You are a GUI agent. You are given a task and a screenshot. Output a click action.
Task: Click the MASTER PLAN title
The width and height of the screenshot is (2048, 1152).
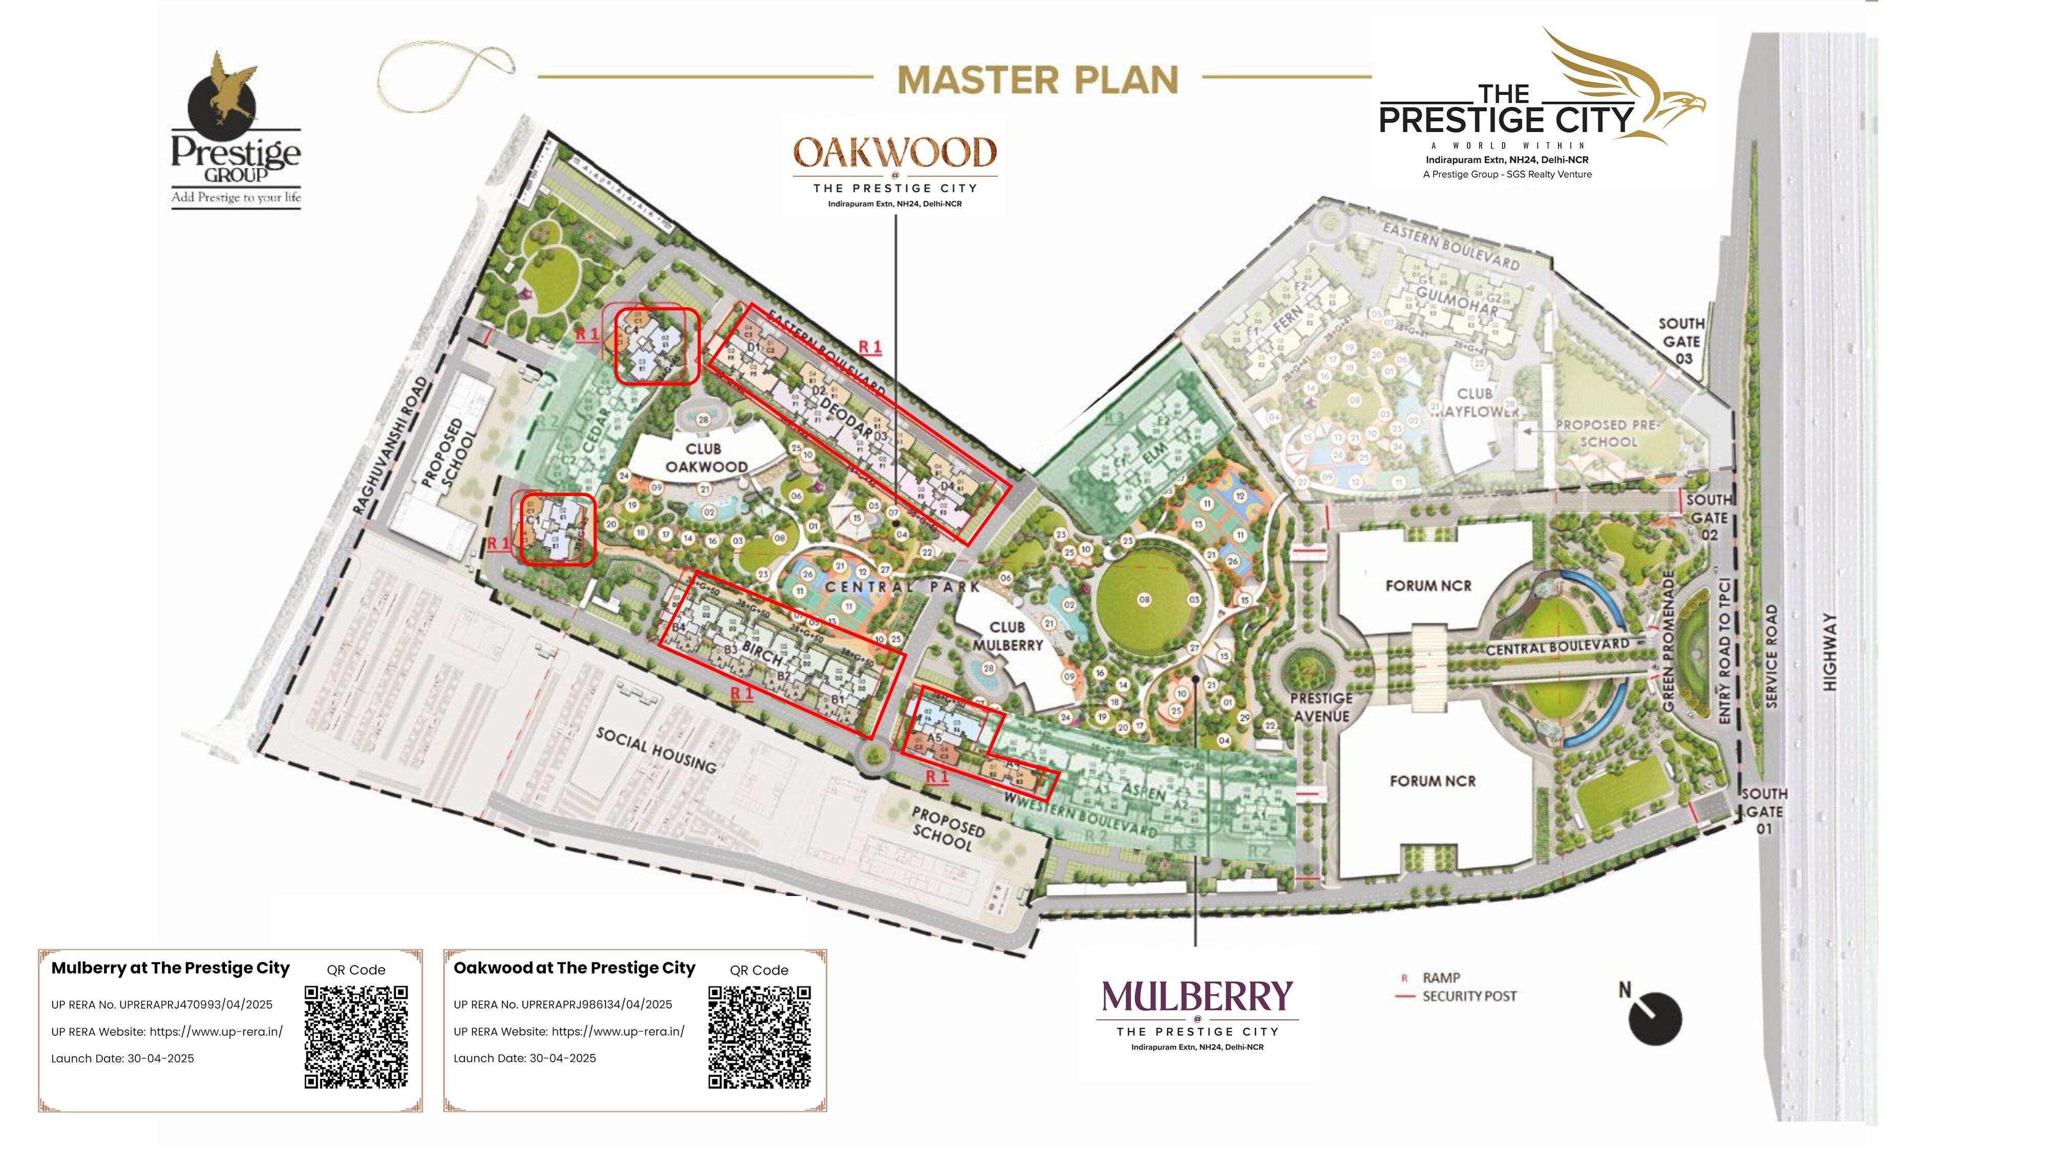[1037, 80]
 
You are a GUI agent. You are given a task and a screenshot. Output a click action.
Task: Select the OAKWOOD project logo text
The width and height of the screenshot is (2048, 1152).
[894, 154]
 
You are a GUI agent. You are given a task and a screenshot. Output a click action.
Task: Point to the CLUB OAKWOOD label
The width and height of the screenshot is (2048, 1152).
[705, 458]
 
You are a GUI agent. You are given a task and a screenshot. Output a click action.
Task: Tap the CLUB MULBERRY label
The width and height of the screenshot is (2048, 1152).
[1007, 636]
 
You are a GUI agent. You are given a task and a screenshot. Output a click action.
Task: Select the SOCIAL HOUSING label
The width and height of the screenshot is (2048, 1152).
[656, 750]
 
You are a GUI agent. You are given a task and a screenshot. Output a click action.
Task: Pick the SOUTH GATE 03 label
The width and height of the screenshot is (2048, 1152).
[1681, 341]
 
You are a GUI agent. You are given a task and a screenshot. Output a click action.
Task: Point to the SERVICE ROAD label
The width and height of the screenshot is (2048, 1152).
[1772, 656]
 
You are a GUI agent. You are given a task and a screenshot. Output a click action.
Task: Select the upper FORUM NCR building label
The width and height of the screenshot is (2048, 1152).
[1428, 586]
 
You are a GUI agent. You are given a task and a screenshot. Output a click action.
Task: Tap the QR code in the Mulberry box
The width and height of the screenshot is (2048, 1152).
[356, 1037]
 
